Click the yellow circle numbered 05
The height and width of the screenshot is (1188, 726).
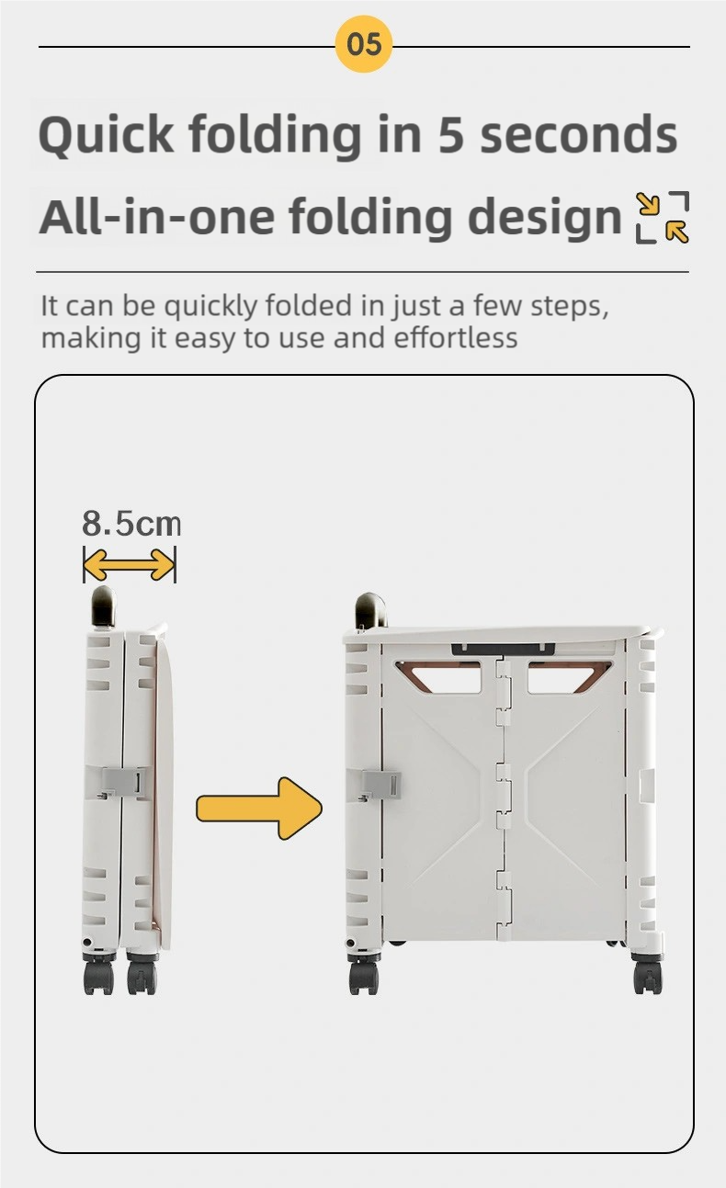[364, 44]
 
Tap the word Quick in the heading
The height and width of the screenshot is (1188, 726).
[106, 135]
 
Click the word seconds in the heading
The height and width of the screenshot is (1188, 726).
[579, 134]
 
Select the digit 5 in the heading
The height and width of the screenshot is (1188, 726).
[451, 135]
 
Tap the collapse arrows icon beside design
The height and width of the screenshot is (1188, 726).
[663, 218]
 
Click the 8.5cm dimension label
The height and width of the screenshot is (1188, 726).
[131, 524]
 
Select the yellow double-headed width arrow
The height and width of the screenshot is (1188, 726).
[129, 565]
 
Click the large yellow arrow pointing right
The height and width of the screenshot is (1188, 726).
[259, 809]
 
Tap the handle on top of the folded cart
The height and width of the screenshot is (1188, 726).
[103, 606]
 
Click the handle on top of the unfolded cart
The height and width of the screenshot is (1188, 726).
[370, 610]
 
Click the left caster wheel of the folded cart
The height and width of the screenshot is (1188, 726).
[99, 975]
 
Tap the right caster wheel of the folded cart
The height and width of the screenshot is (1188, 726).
[142, 975]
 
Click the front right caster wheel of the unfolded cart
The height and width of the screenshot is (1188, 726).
[648, 975]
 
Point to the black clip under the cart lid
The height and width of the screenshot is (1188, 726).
[504, 649]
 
